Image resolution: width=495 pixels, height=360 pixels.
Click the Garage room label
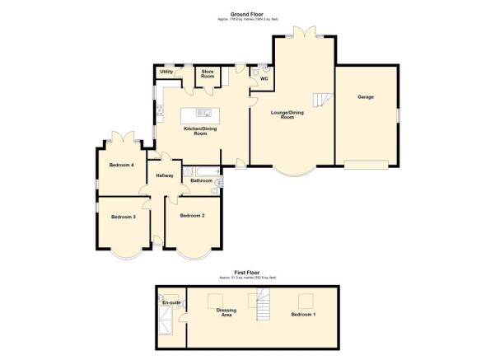click(365, 97)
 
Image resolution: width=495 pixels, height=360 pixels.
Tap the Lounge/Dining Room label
click(283, 115)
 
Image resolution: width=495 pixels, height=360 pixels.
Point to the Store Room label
click(208, 74)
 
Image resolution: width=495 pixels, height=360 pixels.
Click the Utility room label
click(166, 72)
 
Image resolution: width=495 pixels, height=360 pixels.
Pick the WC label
click(264, 79)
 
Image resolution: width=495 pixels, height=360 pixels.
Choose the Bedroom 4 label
click(122, 165)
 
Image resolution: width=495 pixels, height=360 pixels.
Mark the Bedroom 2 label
click(192, 215)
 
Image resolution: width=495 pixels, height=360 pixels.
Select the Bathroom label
click(202, 180)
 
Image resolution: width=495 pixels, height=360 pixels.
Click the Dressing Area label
click(226, 312)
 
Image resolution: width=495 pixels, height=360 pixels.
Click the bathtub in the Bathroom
click(201, 171)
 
